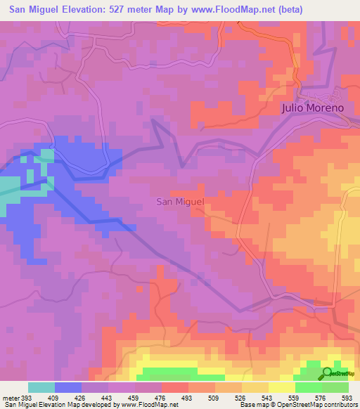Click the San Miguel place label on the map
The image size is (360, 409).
click(x=179, y=202)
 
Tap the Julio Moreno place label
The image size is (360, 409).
click(x=311, y=108)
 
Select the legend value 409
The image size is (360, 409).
click(x=55, y=397)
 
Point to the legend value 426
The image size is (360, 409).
click(x=82, y=397)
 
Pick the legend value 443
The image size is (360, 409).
click(x=108, y=397)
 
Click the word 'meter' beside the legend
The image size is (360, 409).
click(x=11, y=397)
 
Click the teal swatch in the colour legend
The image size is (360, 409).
click(x=41, y=387)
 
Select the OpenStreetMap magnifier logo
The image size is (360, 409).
click(x=328, y=373)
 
